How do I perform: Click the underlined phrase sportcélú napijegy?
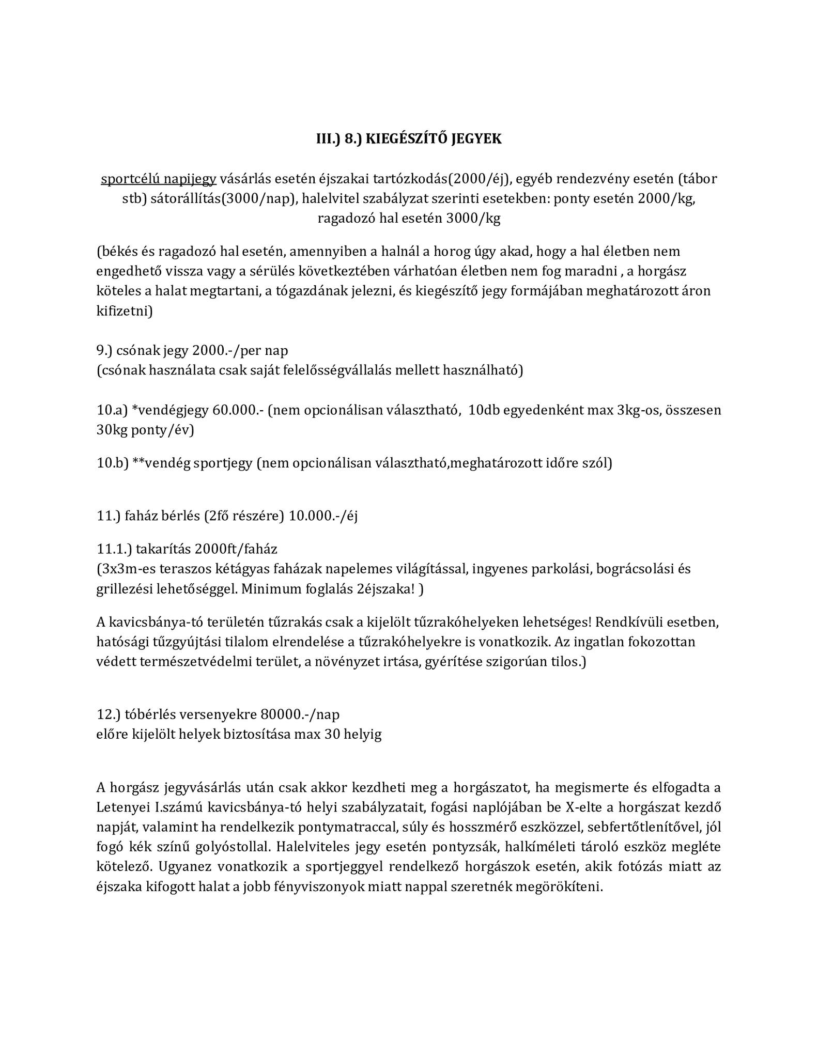tap(159, 179)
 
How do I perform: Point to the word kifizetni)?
tap(125, 311)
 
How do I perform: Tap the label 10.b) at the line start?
tap(112, 463)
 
